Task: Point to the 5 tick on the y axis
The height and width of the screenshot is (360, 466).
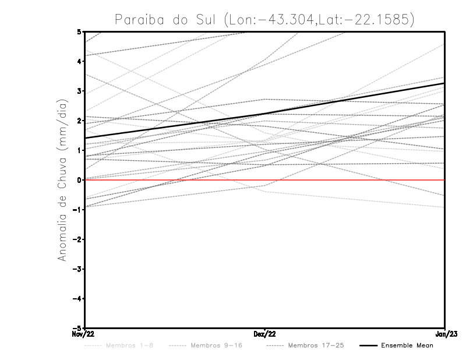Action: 79,31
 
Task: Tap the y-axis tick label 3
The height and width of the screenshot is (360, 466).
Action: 79,91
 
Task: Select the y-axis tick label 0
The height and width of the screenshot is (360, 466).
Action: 79,180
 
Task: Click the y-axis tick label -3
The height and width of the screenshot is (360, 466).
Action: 77,269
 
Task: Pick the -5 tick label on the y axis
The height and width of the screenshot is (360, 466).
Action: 77,329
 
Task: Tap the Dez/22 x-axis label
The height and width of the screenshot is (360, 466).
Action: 265,334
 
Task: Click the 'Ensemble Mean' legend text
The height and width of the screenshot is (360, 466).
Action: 407,345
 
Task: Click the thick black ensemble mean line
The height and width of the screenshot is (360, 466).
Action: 265,114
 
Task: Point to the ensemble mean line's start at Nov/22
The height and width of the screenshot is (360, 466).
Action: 85,138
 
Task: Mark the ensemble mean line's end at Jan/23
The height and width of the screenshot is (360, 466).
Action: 445,83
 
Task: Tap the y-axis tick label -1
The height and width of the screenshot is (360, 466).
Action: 77,210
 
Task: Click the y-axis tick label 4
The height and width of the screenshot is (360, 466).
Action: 79,61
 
